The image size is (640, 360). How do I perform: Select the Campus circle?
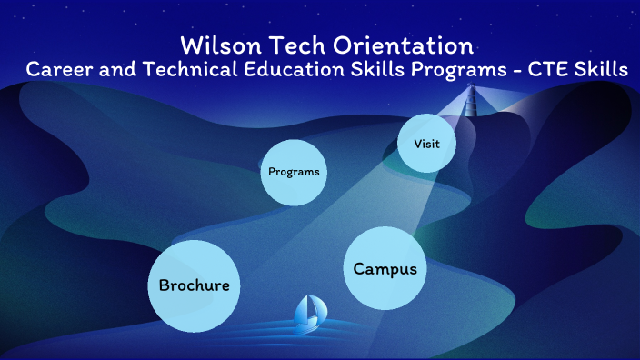point(385,267)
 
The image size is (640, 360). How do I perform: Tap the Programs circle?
point(294,172)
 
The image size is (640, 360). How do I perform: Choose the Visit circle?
point(427,143)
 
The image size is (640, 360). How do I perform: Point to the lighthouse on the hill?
point(471,100)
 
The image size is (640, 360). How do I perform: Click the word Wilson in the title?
point(215,45)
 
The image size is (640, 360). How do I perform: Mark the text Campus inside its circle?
point(385,268)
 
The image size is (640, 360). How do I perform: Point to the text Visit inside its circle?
point(427,144)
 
